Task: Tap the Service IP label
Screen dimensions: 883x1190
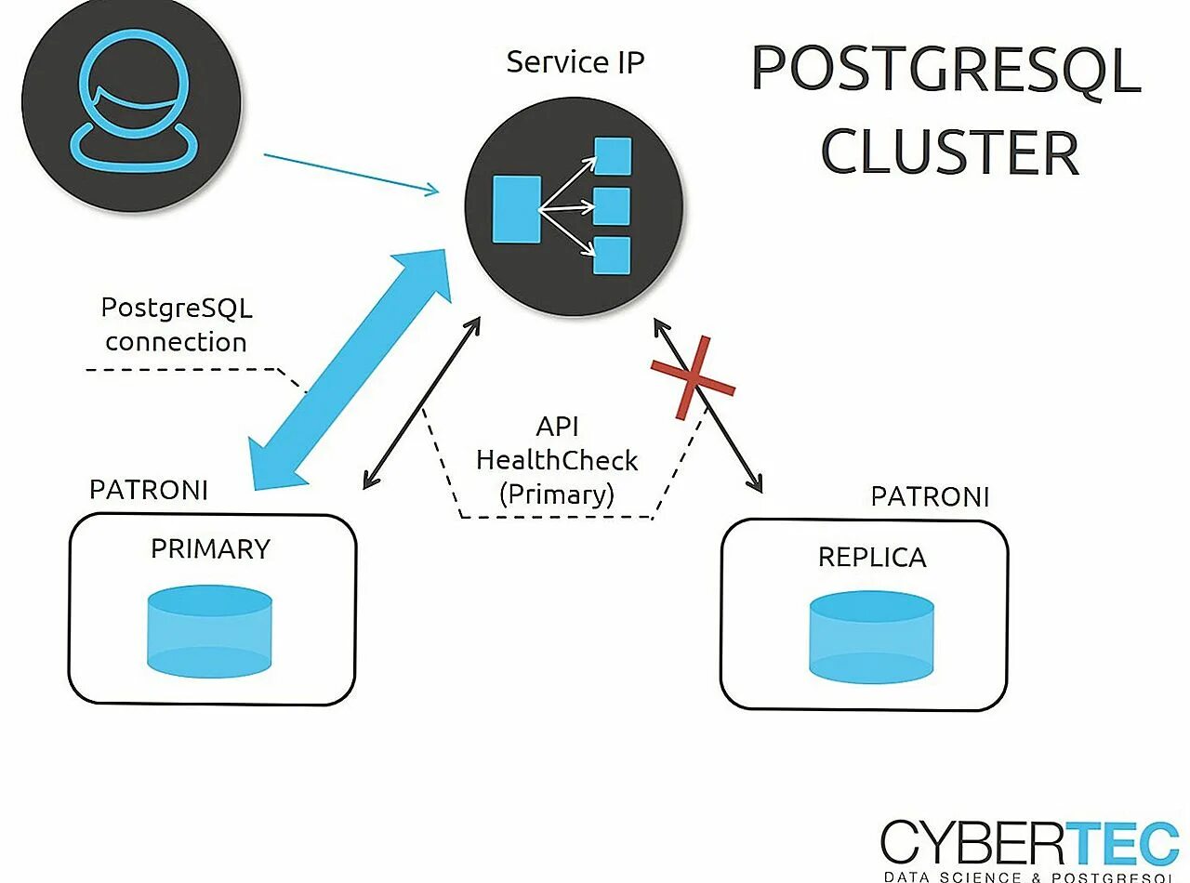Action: (575, 62)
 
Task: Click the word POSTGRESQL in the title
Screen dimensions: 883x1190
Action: (945, 69)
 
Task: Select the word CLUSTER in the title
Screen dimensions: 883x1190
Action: (949, 152)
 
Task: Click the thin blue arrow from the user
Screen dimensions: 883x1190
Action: (351, 174)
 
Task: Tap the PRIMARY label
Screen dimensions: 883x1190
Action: (210, 549)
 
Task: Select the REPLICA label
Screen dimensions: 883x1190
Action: (871, 557)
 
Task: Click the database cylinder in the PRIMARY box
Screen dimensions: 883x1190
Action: (209, 631)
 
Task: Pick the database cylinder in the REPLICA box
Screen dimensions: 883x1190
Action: (871, 638)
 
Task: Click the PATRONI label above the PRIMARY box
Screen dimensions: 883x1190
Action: (149, 490)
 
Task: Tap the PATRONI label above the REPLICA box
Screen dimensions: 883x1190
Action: (930, 496)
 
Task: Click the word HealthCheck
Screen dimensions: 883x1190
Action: (557, 460)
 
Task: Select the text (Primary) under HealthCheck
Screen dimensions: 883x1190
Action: (557, 494)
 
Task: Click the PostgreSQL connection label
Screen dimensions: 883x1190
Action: (177, 324)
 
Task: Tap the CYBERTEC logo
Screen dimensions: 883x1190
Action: (1029, 844)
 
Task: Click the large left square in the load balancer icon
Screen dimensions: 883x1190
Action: (516, 209)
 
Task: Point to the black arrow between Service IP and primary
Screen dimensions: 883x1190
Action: (422, 402)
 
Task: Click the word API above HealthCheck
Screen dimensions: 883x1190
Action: (557, 427)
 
